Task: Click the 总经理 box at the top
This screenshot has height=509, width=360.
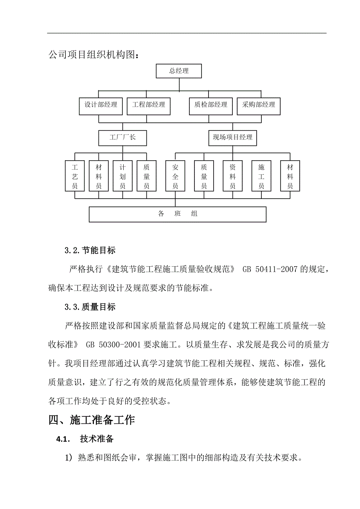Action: pyautogui.click(x=179, y=71)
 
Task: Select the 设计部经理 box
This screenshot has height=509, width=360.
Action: pyautogui.click(x=101, y=105)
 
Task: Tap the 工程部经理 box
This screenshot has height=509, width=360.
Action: pyautogui.click(x=149, y=105)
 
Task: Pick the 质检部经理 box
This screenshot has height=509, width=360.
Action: pyautogui.click(x=211, y=105)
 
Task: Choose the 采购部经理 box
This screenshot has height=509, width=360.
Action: pyautogui.click(x=259, y=105)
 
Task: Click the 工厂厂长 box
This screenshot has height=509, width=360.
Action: pyautogui.click(x=122, y=138)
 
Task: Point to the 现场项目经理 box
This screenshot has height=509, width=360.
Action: pyautogui.click(x=232, y=138)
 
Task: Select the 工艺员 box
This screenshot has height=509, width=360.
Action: pyautogui.click(x=75, y=176)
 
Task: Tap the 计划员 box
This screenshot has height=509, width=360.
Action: pyautogui.click(x=122, y=176)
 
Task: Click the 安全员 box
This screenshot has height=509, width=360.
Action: pyautogui.click(x=175, y=176)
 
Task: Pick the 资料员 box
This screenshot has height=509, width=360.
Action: pyautogui.click(x=232, y=176)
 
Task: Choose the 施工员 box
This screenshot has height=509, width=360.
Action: pyautogui.click(x=261, y=176)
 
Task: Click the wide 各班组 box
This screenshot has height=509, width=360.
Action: pyautogui.click(x=178, y=214)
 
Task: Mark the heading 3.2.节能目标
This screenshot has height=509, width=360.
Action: pyautogui.click(x=90, y=250)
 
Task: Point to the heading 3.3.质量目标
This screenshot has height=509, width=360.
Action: pyautogui.click(x=90, y=307)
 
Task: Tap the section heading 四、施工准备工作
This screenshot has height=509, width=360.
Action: pyautogui.click(x=92, y=420)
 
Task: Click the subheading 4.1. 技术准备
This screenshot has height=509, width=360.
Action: pyautogui.click(x=85, y=439)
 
